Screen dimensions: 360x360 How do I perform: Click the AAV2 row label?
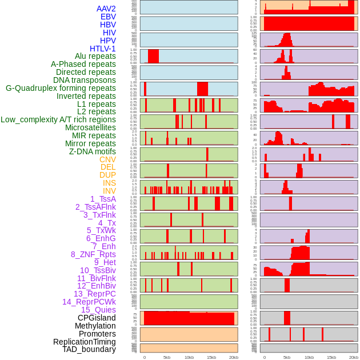pos(106,9)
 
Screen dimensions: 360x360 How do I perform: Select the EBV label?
pos(108,17)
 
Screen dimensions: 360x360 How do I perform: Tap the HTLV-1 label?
pos(102,49)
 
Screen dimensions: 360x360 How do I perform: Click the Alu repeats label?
pos(95,56)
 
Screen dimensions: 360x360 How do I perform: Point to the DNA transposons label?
pos(85,80)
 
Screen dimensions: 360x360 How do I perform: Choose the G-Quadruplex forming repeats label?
pos(61,88)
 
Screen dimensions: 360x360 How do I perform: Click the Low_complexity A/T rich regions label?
pos(58,119)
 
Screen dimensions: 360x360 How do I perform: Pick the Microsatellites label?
pos(90,127)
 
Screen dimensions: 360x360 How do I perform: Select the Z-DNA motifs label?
pos(92,151)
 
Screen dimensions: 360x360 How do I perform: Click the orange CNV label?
pos(107,159)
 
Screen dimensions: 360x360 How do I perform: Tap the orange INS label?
pos(109,183)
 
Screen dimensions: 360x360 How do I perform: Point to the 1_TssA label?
pos(103,199)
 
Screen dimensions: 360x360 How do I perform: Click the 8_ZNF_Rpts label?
pos(93,254)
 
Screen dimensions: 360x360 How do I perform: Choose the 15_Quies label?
pos(98,310)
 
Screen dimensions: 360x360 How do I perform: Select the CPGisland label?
pos(97,318)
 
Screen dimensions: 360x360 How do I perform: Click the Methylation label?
pos(95,326)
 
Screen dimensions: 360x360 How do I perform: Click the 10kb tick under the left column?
pos(189,357)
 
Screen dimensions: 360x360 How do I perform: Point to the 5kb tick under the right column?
pos(286,357)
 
